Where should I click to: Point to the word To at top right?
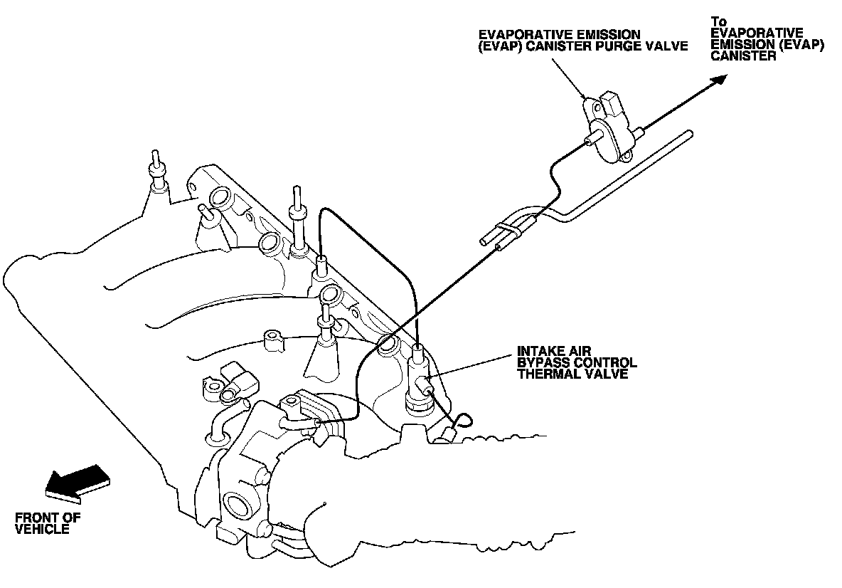tap(719, 22)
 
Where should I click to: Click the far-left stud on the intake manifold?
tap(156, 171)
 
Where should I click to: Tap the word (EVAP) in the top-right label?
tap(804, 44)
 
